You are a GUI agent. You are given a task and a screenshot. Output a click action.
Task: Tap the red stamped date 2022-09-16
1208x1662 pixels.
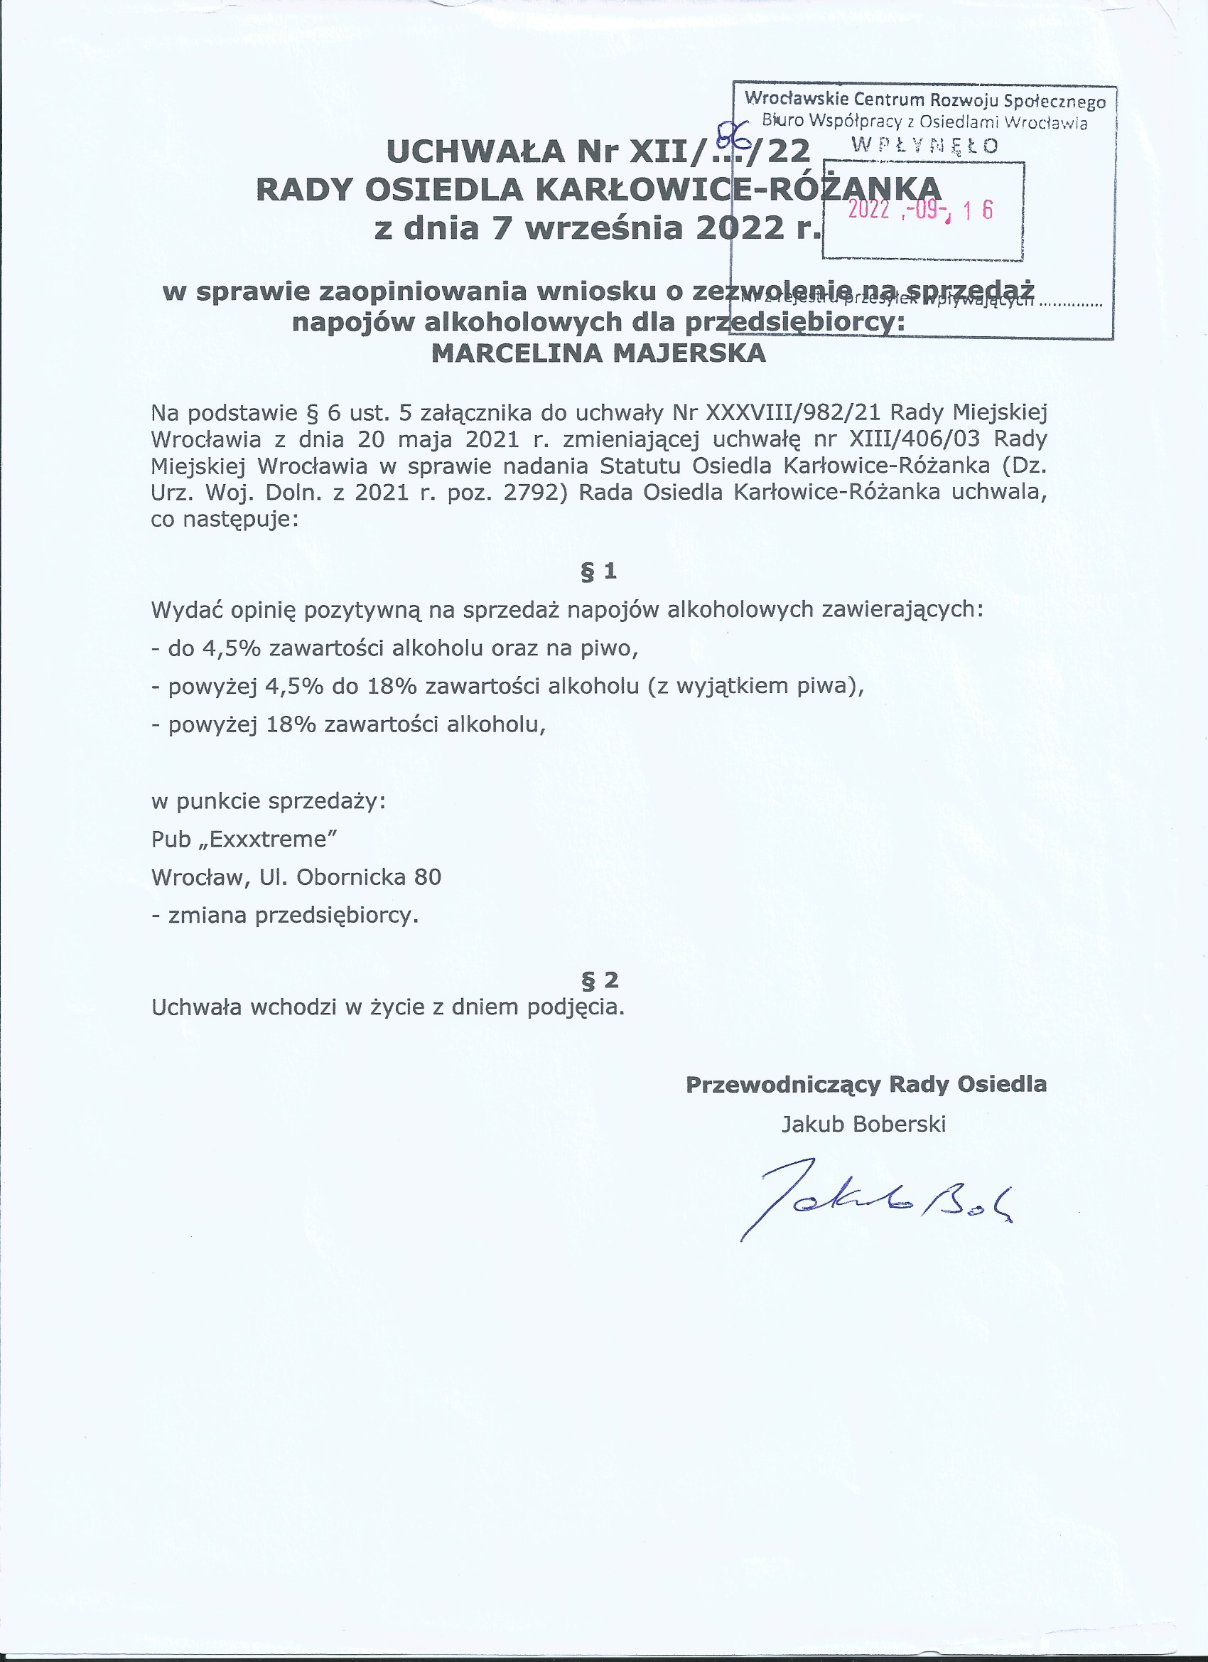coord(920,211)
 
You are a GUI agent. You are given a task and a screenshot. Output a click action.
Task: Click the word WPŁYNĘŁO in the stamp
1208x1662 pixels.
coord(924,145)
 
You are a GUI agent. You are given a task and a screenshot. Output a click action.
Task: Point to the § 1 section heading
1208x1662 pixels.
coord(598,571)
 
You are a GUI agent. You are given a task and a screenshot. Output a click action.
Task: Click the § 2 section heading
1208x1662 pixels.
coord(598,980)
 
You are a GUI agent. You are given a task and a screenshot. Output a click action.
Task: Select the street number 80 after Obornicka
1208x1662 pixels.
coord(428,877)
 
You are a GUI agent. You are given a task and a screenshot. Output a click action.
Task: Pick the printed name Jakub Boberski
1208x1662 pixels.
coord(863,1124)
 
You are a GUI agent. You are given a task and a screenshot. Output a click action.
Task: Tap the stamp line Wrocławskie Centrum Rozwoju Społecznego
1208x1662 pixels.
coord(924,100)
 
